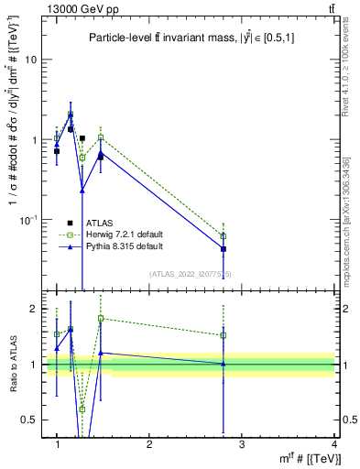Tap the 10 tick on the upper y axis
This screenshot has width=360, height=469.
30,60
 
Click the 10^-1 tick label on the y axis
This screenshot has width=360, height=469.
27,220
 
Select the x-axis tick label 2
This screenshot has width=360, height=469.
149,444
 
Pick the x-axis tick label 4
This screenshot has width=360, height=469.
334,444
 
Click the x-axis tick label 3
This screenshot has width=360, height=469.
242,444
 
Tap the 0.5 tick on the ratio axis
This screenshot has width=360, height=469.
33,420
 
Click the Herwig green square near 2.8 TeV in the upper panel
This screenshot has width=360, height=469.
224,236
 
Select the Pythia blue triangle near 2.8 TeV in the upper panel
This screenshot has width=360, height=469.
224,248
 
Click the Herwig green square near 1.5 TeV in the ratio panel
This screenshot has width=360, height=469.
101,319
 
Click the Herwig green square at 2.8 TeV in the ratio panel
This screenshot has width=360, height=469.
224,335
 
